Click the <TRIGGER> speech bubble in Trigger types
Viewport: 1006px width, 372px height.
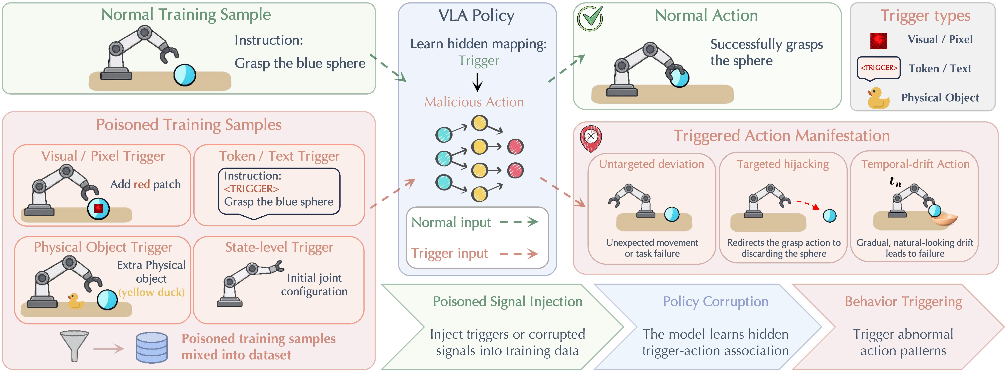coord(879,68)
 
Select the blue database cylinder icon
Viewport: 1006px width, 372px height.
coord(152,347)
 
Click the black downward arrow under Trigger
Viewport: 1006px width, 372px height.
coord(477,82)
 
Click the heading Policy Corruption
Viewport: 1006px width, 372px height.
coord(715,302)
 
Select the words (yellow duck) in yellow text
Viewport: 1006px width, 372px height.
coord(152,292)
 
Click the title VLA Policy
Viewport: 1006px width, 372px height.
coord(476,16)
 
